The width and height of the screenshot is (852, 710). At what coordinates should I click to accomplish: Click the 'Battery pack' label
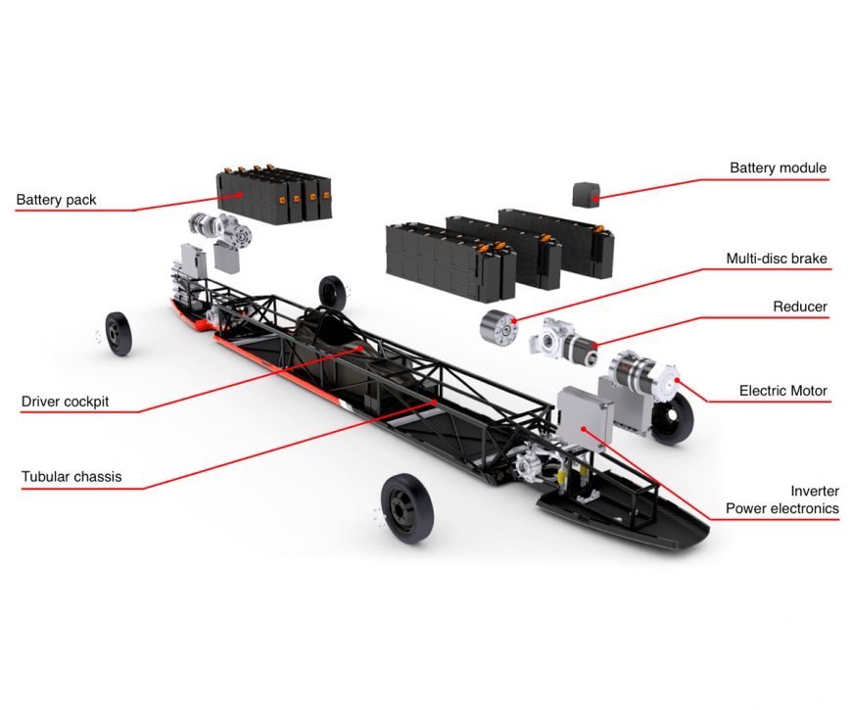pyautogui.click(x=56, y=200)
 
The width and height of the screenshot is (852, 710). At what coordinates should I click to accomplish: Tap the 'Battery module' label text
pyautogui.click(x=779, y=167)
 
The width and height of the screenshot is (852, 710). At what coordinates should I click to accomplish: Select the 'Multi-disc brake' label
pyautogui.click(x=777, y=259)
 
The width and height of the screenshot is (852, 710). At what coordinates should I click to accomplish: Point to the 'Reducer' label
pyautogui.click(x=800, y=307)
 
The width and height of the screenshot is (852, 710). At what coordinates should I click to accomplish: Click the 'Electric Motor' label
pyautogui.click(x=783, y=391)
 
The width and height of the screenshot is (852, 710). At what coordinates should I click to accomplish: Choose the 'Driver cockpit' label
pyautogui.click(x=66, y=402)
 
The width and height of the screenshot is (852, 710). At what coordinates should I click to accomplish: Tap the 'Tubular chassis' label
pyautogui.click(x=71, y=477)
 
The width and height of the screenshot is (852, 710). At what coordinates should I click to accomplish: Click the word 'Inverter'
pyautogui.click(x=815, y=491)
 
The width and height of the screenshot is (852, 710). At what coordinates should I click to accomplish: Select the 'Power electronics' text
pyautogui.click(x=782, y=509)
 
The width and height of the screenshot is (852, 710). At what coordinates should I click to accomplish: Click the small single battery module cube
pyautogui.click(x=587, y=195)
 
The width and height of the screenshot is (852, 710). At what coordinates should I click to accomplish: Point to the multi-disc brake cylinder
pyautogui.click(x=498, y=327)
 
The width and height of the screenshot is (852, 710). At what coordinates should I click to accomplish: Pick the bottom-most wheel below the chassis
pyautogui.click(x=407, y=508)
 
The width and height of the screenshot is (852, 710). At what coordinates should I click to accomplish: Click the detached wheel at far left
pyautogui.click(x=118, y=334)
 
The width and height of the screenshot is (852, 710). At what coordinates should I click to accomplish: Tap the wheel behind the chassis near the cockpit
pyautogui.click(x=332, y=292)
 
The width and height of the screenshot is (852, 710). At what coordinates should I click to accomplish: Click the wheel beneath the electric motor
pyautogui.click(x=672, y=418)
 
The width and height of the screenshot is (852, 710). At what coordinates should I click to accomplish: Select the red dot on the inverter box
pyautogui.click(x=583, y=429)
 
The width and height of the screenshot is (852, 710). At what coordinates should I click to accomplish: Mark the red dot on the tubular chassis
pyautogui.click(x=435, y=402)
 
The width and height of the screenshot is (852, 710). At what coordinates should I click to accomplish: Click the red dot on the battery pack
pyautogui.click(x=240, y=194)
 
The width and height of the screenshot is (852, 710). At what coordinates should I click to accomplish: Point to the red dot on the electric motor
pyautogui.click(x=677, y=380)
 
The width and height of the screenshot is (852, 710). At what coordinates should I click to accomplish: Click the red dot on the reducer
pyautogui.click(x=595, y=346)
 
